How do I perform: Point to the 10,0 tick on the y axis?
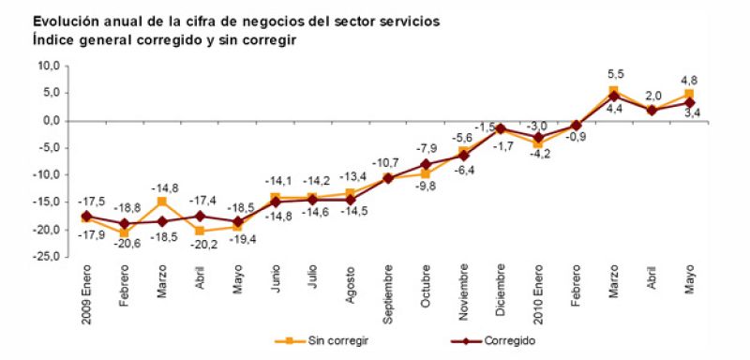click(x=47, y=66)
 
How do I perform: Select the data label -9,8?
click(x=427, y=186)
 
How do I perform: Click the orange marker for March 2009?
click(x=162, y=202)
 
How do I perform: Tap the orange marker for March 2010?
click(x=613, y=91)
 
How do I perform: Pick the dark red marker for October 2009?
click(x=426, y=164)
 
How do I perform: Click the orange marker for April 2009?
click(x=200, y=231)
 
